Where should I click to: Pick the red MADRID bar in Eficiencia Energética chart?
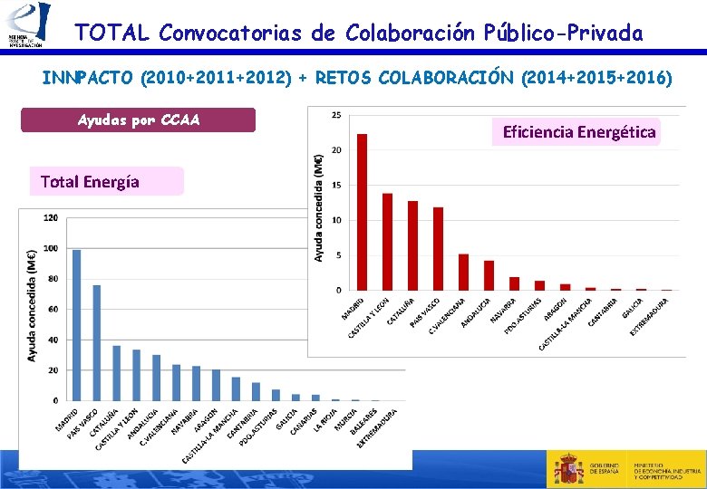click(x=362, y=212)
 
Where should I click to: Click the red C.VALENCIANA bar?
click(x=463, y=272)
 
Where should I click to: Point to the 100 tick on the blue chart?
click(x=52, y=248)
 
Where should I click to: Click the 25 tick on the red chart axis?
click(x=336, y=115)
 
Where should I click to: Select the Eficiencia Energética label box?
click(x=579, y=132)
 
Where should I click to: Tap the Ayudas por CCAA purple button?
click(x=138, y=120)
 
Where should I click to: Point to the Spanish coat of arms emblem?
click(x=568, y=467)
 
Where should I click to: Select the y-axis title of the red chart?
click(x=319, y=206)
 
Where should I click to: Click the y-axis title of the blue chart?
click(x=32, y=305)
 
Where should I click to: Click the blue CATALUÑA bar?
click(x=116, y=372)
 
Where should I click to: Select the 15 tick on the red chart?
click(x=336, y=185)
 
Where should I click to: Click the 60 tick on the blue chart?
click(x=53, y=309)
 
